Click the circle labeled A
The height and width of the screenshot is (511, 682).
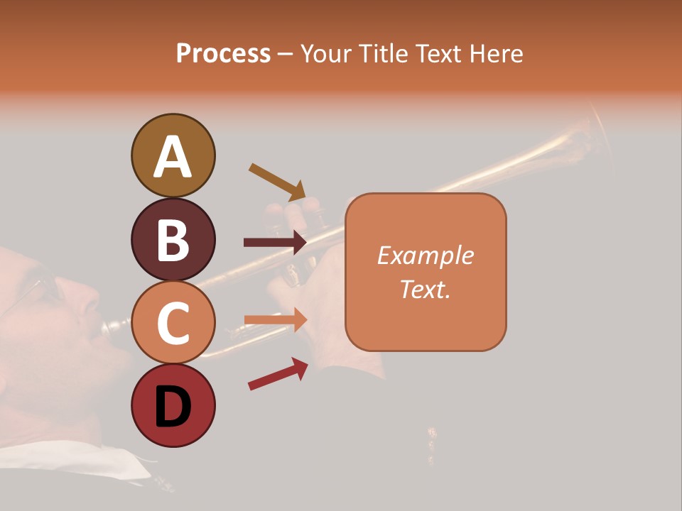(x=173, y=155)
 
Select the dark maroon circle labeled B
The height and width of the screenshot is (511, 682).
(x=173, y=239)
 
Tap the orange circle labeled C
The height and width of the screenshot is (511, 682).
(x=173, y=322)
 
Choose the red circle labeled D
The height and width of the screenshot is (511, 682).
(x=173, y=406)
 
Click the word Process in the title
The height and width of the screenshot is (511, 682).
(x=223, y=54)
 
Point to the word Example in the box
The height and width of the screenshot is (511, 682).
(x=425, y=255)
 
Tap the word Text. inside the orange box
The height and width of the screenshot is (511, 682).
(x=425, y=289)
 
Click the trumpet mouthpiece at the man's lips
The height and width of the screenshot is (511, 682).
(x=114, y=326)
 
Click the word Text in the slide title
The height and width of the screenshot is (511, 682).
(x=435, y=54)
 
